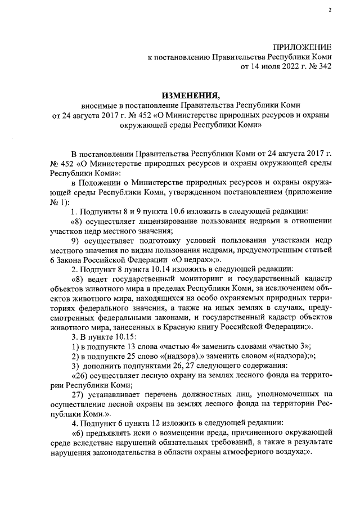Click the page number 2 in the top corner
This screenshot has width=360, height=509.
click(x=331, y=9)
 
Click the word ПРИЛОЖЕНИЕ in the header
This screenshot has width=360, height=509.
click(x=302, y=46)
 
